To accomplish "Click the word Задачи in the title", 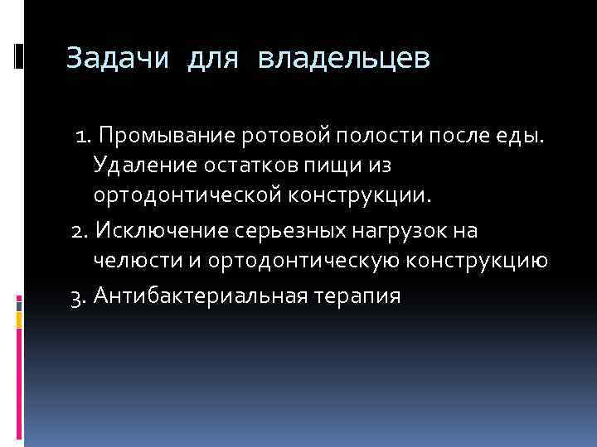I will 116,60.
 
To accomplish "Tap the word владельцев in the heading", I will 344,60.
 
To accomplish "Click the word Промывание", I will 165,134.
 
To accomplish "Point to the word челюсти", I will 130,261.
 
